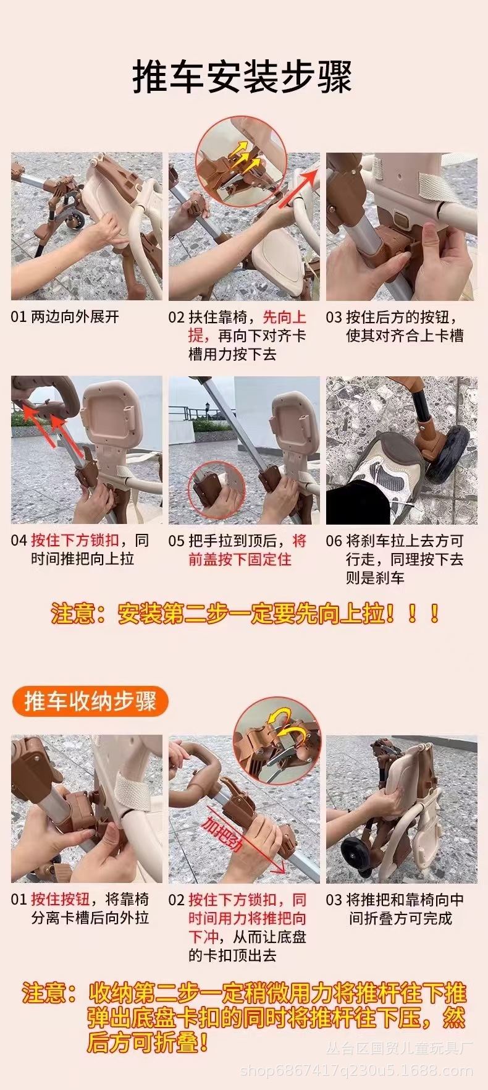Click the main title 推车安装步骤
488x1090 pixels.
coord(243,77)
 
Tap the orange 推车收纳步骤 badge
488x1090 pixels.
coord(90,701)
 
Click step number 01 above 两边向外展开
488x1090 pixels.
coord(19,317)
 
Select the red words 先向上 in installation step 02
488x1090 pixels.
coord(285,317)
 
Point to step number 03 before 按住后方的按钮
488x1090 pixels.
coord(334,317)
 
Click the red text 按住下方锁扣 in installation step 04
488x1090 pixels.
coord(75,540)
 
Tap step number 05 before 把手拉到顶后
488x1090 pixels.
coord(177,541)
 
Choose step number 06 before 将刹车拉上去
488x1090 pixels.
coord(334,541)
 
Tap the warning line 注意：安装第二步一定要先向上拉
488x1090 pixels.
coord(245,614)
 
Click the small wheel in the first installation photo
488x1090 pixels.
coord(77,220)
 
